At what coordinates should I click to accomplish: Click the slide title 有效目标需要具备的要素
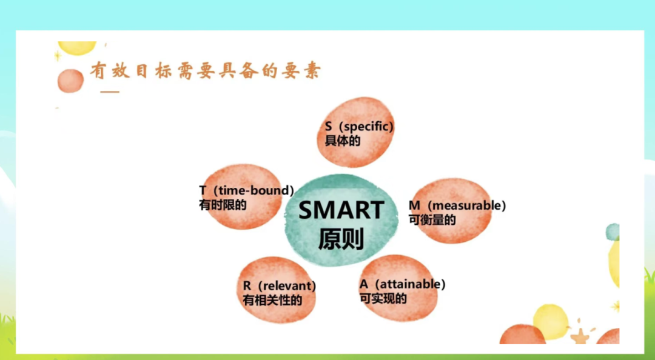click(x=205, y=71)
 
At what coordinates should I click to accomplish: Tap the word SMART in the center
click(x=341, y=210)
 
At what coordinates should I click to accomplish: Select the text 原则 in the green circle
click(x=341, y=238)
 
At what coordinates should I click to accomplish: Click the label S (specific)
click(x=359, y=127)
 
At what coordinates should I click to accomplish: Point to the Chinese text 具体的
click(x=343, y=141)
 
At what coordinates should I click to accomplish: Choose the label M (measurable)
click(x=457, y=205)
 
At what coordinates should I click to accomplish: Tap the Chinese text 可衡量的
click(x=432, y=219)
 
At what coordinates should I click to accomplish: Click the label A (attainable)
click(x=403, y=284)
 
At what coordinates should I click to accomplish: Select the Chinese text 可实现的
click(x=383, y=299)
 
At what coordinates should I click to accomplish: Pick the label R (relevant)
click(x=280, y=286)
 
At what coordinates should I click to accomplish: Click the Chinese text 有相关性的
click(x=272, y=300)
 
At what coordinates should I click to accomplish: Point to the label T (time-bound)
click(x=247, y=191)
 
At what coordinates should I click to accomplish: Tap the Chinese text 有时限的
click(x=223, y=205)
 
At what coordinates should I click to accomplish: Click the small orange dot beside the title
click(x=70, y=81)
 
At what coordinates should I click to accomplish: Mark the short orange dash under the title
click(x=110, y=92)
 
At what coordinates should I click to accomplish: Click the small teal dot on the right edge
click(x=613, y=232)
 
